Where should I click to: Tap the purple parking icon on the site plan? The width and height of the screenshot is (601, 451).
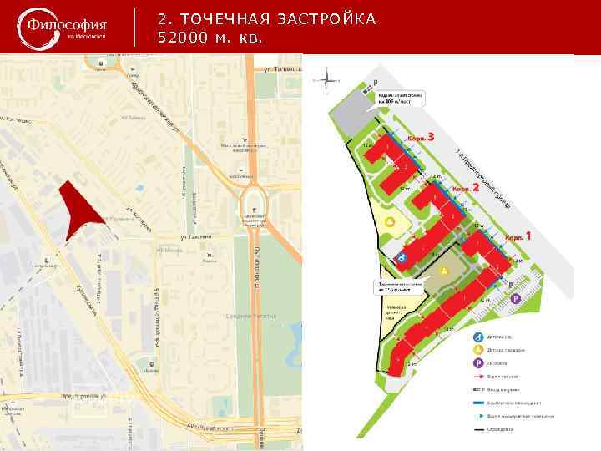point(515,298)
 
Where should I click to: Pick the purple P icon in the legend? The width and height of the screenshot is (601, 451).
point(478,363)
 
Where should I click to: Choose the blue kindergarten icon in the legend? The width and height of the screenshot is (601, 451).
point(478,336)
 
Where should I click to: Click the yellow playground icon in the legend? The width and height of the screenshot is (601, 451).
point(478,349)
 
